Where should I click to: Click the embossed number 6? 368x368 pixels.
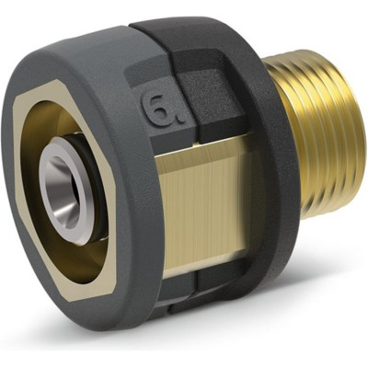158,109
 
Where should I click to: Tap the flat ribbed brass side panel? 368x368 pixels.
202,209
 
